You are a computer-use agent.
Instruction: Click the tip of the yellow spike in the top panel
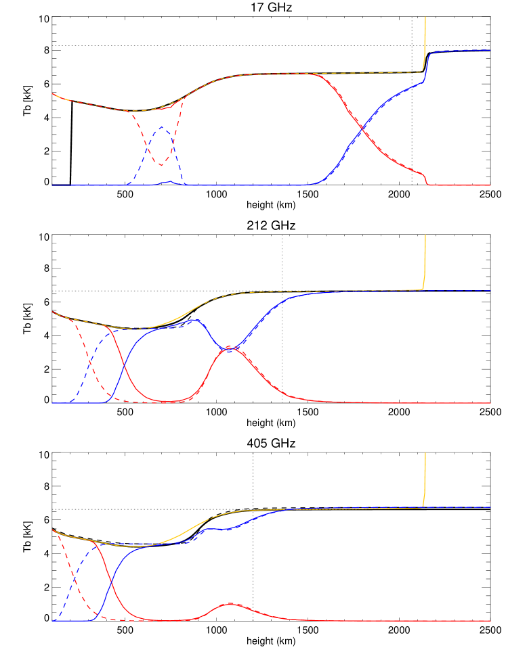click(425, 17)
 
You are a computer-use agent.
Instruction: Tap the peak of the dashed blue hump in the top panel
click(161, 126)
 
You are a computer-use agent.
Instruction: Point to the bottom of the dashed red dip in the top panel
click(161, 165)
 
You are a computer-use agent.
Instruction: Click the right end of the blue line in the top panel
click(490, 50)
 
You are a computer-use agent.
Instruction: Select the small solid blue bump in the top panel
click(169, 181)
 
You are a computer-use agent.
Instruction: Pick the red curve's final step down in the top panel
click(426, 179)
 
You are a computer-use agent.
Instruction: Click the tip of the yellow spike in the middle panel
click(425, 235)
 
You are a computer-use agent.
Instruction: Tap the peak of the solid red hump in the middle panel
click(229, 348)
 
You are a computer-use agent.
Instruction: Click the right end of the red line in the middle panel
click(490, 403)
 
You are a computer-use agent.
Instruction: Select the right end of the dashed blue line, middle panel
click(490, 291)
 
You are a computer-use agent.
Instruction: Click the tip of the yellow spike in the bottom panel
click(425, 453)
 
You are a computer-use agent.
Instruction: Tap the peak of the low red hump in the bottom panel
click(230, 603)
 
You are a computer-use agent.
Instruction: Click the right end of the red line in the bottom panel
click(490, 621)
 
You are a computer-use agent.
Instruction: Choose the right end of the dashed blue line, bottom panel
click(490, 507)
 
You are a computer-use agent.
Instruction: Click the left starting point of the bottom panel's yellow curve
click(52, 530)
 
